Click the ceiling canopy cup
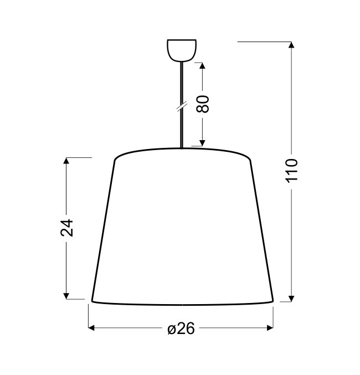182,50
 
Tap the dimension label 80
203,104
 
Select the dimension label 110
291,171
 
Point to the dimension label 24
66,228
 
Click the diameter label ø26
181,328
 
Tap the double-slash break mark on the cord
182,106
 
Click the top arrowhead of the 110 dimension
291,45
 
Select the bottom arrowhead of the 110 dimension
291,299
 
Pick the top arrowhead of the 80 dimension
202,65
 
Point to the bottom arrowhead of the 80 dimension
202,143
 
